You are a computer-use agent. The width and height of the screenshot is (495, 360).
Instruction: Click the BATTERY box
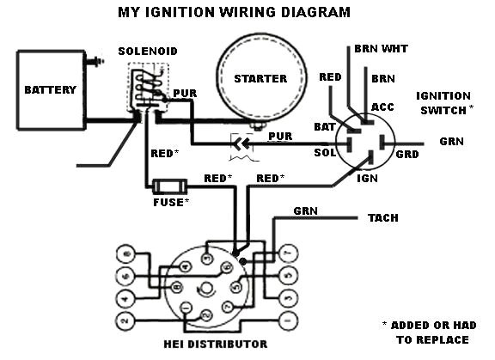(x=50, y=89)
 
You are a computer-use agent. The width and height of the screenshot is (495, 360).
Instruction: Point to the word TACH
(x=382, y=218)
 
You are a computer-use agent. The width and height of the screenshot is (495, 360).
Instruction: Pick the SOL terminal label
(x=324, y=152)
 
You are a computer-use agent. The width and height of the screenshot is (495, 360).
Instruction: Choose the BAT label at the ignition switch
(x=324, y=127)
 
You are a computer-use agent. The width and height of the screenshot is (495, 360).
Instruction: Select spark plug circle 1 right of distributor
(x=287, y=321)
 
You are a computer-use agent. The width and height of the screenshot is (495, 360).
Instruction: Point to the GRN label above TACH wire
(x=305, y=210)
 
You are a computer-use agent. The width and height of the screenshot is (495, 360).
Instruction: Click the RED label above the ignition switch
(x=330, y=77)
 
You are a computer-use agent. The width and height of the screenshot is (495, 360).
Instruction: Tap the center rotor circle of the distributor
(x=205, y=286)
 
